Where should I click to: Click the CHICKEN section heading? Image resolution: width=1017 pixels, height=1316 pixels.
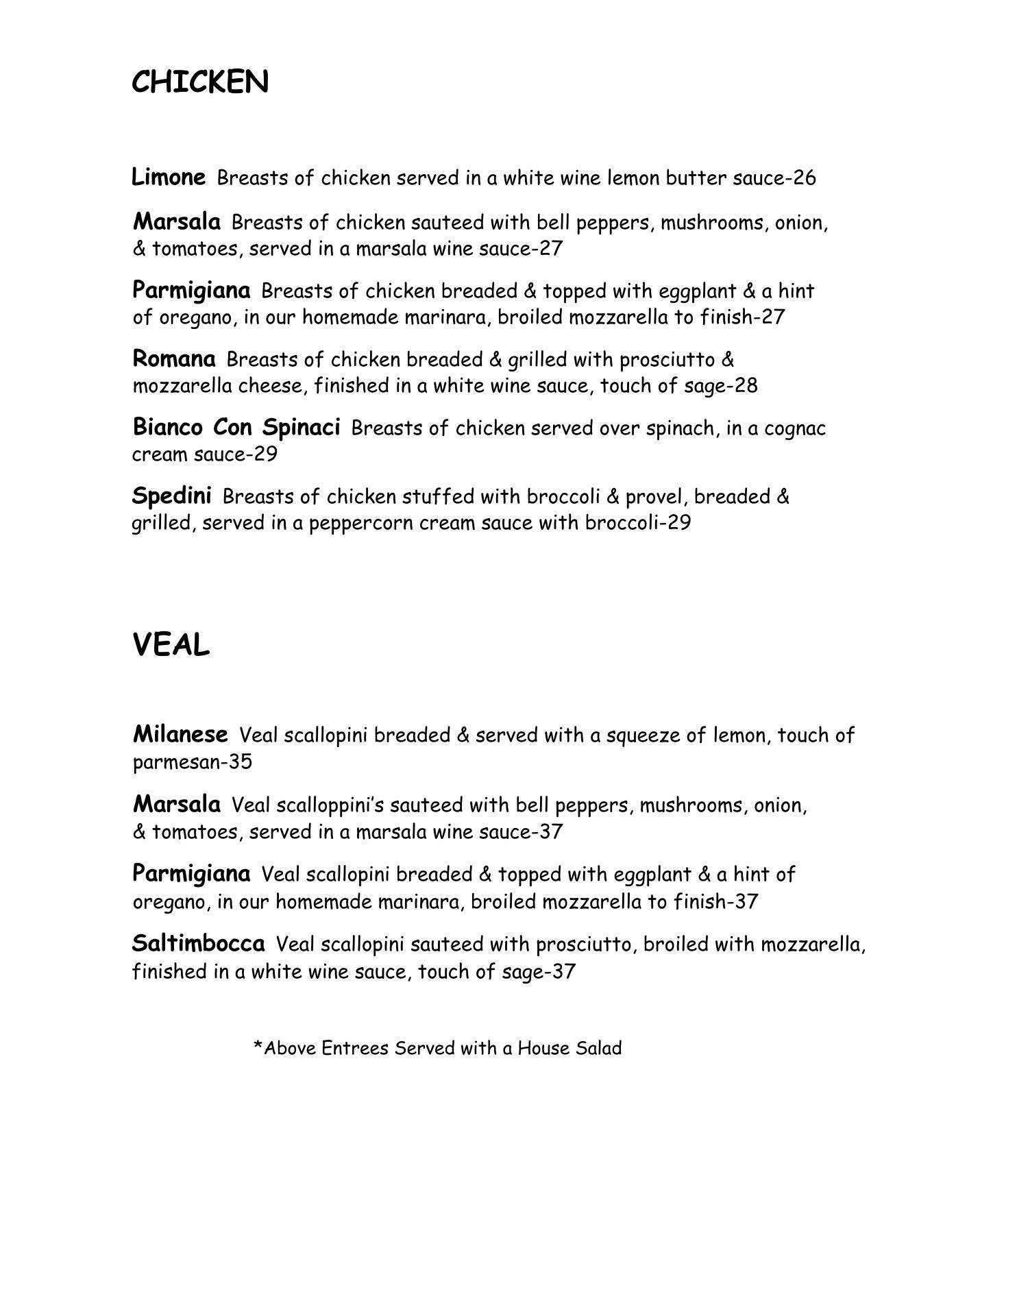pyautogui.click(x=199, y=82)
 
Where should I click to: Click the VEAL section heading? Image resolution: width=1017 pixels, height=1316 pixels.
pyautogui.click(x=171, y=645)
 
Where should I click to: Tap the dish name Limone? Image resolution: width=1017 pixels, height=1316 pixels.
pyautogui.click(x=168, y=177)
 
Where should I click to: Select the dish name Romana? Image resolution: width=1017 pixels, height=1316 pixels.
pyautogui.click(x=173, y=358)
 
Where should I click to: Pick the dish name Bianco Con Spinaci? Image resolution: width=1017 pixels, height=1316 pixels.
pyautogui.click(x=236, y=427)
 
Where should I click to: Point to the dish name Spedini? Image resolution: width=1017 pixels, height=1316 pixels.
pyautogui.click(x=171, y=496)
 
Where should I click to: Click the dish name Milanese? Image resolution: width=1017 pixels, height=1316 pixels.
pyautogui.click(x=180, y=735)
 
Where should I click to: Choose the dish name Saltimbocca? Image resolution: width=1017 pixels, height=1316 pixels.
pyautogui.click(x=198, y=944)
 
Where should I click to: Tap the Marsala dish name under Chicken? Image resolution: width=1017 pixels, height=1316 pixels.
pyautogui.click(x=177, y=222)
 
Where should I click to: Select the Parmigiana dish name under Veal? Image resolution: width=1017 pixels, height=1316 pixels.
pyautogui.click(x=191, y=874)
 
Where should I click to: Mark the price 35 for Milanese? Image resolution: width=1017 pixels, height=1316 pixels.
pyautogui.click(x=241, y=762)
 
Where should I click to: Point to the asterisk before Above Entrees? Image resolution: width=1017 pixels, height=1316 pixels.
pyautogui.click(x=258, y=1047)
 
